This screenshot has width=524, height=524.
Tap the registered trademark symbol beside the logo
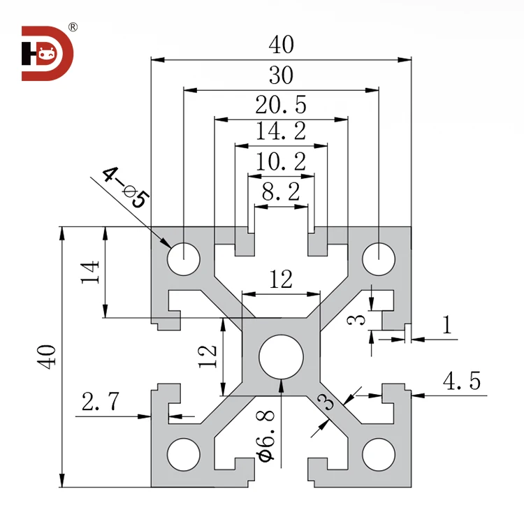coord(73,28)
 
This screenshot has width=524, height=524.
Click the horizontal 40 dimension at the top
coord(281,45)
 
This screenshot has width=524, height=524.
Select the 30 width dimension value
coord(281,75)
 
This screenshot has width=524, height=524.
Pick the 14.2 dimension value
coord(281,132)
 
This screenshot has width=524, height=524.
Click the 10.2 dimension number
coord(281,163)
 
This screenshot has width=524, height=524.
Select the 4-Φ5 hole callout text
coord(125,188)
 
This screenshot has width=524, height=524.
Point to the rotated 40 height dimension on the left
coord(47,356)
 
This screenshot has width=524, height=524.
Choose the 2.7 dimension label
coord(101,402)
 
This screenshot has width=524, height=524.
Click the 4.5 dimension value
coord(462,381)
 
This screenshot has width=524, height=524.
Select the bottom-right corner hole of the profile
coord(378,453)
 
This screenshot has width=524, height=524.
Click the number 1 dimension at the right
coord(446,324)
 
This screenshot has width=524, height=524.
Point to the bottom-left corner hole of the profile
coord(183,453)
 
